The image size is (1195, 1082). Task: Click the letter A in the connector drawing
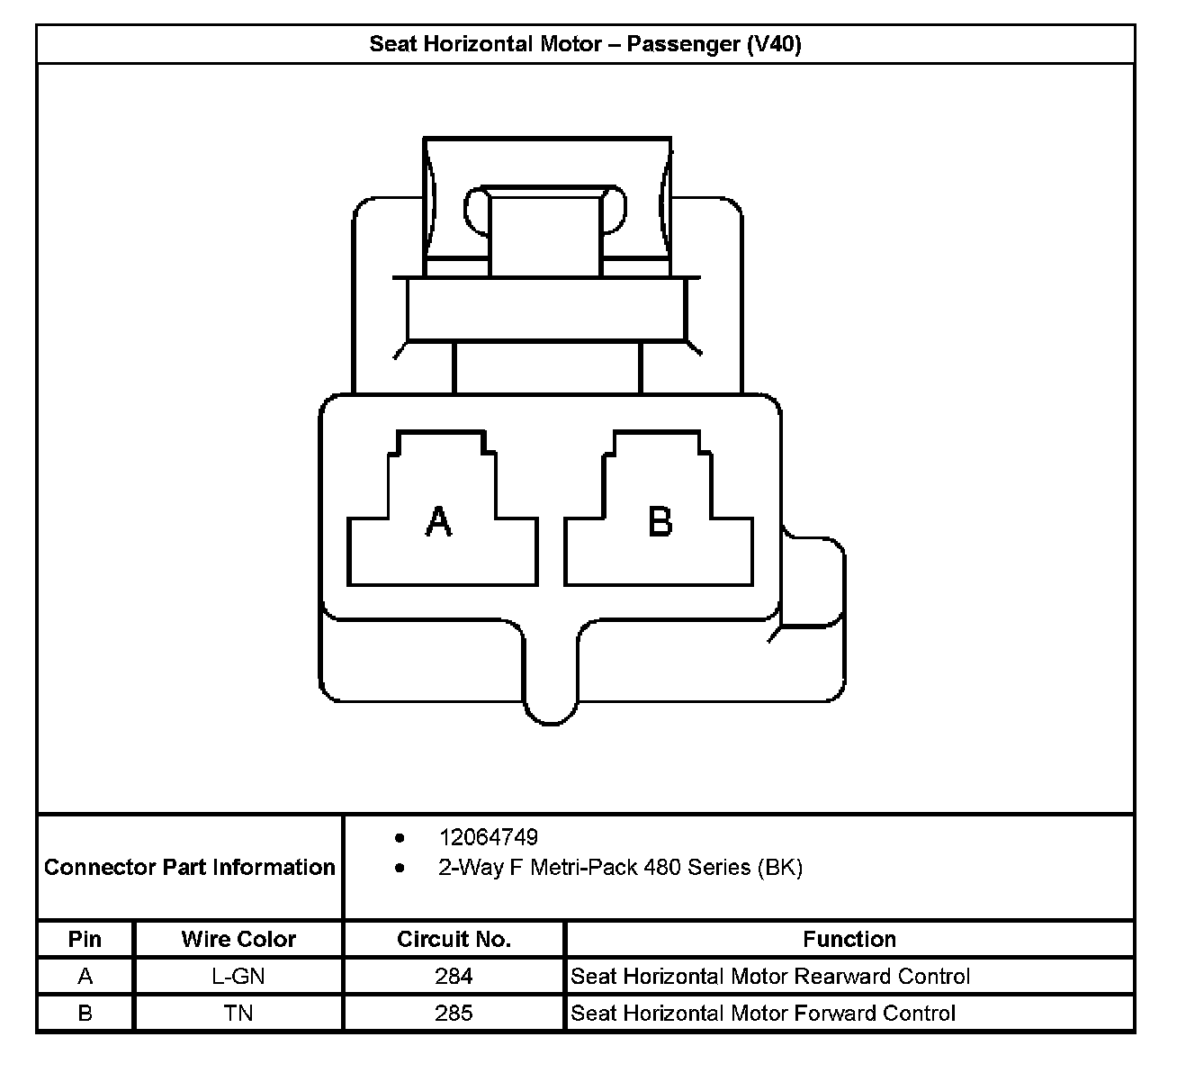pyautogui.click(x=438, y=521)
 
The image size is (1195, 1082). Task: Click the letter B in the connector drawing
pyautogui.click(x=660, y=521)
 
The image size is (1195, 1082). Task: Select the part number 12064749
pyautogui.click(x=488, y=837)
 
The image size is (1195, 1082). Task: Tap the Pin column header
pyautogui.click(x=85, y=939)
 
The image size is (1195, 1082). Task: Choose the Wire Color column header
pyautogui.click(x=238, y=939)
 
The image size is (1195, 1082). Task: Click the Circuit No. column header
pyautogui.click(x=454, y=939)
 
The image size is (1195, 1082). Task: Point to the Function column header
pyautogui.click(x=849, y=939)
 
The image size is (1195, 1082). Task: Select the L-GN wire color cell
pyautogui.click(x=238, y=976)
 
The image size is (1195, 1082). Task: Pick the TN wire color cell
pyautogui.click(x=238, y=1013)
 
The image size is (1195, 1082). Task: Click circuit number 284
pyautogui.click(x=454, y=976)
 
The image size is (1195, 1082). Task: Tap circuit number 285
pyautogui.click(x=454, y=1013)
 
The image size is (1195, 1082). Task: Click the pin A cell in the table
pyautogui.click(x=85, y=976)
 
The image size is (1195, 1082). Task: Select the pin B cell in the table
pyautogui.click(x=85, y=1013)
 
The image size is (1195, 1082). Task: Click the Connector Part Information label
pyautogui.click(x=189, y=867)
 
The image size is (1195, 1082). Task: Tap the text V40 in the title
pyautogui.click(x=774, y=44)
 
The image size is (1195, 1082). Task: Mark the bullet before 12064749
pyautogui.click(x=400, y=837)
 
